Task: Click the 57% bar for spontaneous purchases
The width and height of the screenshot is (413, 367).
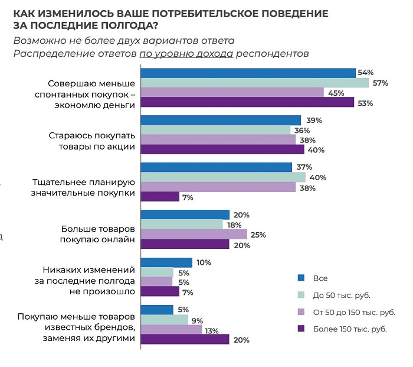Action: [254, 83]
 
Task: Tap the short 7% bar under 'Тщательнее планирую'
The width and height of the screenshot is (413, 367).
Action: [160, 197]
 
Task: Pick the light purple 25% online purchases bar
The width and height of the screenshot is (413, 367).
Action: [194, 235]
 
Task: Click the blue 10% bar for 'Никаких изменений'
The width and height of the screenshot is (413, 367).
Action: [166, 262]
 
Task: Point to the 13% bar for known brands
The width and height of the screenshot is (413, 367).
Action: [171, 329]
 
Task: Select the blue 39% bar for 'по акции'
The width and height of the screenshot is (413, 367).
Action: [221, 120]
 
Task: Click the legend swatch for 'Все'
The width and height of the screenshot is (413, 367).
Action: [301, 277]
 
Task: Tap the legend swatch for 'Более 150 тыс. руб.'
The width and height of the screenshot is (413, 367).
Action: [301, 329]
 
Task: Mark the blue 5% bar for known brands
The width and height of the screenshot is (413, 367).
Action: [157, 309]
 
